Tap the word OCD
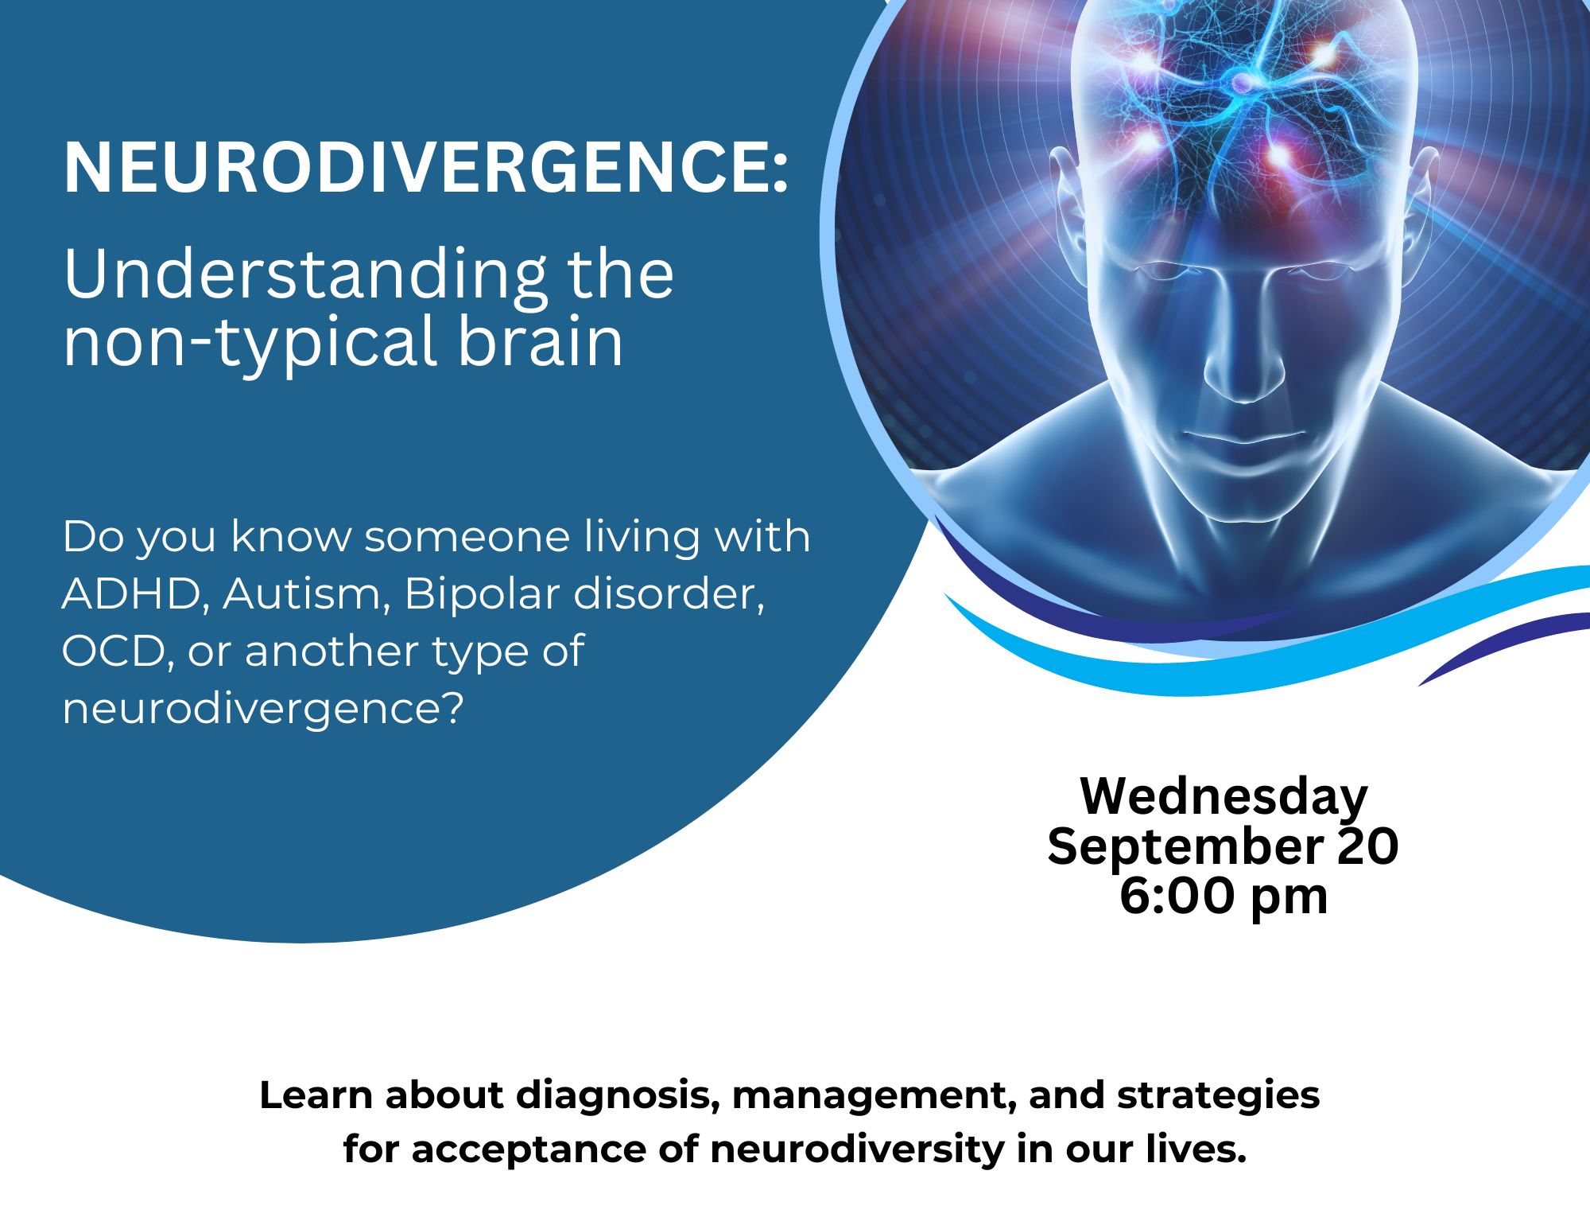point(114,651)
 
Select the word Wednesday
point(1224,795)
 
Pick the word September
point(1185,847)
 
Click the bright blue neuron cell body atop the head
point(1241,80)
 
